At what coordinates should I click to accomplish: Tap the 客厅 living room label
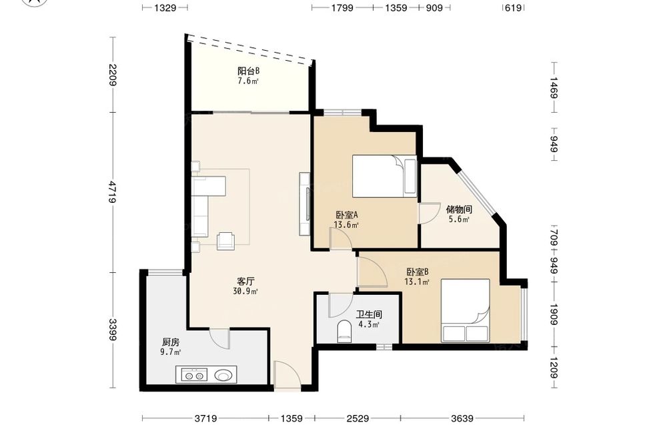click(245, 281)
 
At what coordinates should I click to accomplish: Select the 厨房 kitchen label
click(171, 342)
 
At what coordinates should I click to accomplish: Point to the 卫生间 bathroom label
click(369, 315)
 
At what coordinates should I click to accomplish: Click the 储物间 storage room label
click(459, 209)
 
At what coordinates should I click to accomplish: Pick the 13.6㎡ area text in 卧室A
click(346, 225)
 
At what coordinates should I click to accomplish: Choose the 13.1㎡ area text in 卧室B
click(417, 281)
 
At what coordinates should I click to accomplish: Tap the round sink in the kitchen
click(224, 375)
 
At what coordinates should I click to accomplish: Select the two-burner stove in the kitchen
click(194, 375)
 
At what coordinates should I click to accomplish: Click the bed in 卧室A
click(385, 176)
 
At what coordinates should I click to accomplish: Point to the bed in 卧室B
click(466, 310)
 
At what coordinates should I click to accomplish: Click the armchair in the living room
click(226, 241)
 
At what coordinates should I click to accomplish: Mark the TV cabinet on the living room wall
click(305, 203)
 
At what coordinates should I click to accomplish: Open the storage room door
click(429, 213)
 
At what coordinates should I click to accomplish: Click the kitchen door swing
click(219, 338)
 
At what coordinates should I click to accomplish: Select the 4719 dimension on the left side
click(113, 192)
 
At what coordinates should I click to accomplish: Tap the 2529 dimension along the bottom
click(358, 418)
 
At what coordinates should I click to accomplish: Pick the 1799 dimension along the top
click(342, 7)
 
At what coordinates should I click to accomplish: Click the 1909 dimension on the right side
click(554, 314)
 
